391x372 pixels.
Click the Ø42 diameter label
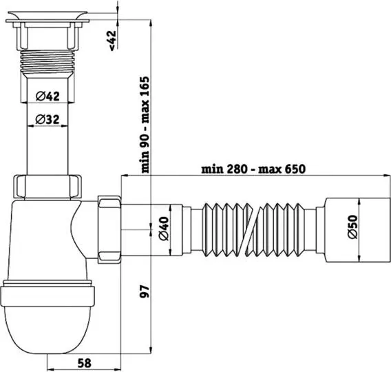tap(47, 96)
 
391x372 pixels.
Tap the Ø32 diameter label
tap(47, 119)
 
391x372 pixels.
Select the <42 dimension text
tap(113, 41)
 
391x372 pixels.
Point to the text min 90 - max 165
tap(145, 125)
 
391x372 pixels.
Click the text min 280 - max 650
tap(253, 169)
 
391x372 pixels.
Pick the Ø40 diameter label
tap(164, 229)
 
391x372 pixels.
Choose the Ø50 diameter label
tap(352, 227)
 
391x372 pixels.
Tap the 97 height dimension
tap(145, 291)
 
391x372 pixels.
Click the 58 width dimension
tap(85, 363)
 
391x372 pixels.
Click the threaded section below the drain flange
tap(47, 61)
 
